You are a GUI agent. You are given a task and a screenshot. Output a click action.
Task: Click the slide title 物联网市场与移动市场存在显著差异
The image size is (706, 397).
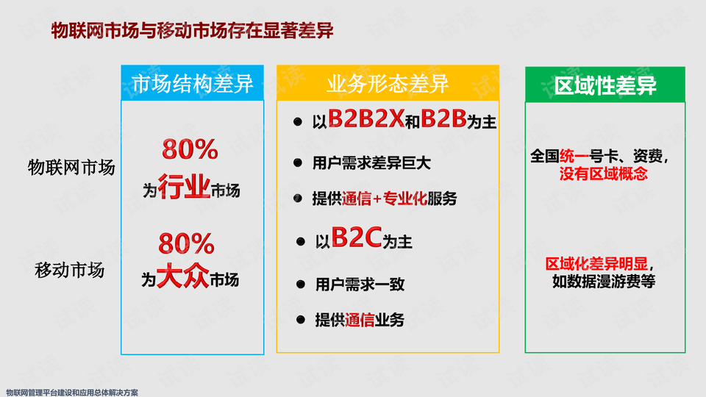point(192,31)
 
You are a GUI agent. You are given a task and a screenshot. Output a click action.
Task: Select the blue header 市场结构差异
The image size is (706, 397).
point(192,83)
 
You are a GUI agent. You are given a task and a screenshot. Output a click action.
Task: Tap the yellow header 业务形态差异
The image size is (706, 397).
point(388,83)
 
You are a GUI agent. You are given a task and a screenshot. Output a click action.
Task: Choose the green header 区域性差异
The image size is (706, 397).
point(605,85)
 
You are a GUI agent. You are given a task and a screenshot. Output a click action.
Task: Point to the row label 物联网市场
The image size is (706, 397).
point(71,168)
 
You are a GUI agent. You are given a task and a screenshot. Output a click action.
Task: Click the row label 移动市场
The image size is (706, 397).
point(70,270)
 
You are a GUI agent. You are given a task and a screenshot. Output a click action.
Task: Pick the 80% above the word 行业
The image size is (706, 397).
point(190,149)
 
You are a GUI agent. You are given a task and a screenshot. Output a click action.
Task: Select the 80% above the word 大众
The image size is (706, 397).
point(186,243)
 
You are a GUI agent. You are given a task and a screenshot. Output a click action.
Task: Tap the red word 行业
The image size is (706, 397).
point(184,187)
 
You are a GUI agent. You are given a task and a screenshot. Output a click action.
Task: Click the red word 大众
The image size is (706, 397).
point(183,276)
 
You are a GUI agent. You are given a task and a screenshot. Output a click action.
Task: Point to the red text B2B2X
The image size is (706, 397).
point(366,119)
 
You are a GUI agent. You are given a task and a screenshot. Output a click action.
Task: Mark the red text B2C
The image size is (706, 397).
point(357,237)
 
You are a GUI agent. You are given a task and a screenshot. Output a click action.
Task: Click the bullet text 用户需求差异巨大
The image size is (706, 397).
point(371,163)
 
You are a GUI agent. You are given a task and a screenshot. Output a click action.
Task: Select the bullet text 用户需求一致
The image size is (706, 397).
point(360,285)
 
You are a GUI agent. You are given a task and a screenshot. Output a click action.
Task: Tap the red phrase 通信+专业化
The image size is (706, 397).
point(384,198)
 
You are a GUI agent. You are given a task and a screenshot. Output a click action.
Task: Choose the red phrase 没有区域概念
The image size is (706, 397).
point(603,174)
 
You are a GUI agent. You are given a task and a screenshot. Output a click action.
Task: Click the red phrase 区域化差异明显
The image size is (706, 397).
point(596,264)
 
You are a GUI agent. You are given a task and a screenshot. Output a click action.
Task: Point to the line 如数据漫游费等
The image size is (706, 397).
point(603,282)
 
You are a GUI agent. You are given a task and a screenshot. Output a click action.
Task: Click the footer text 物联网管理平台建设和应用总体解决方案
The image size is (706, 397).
point(72,393)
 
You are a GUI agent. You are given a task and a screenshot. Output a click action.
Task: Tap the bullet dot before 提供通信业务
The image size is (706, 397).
point(301,320)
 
